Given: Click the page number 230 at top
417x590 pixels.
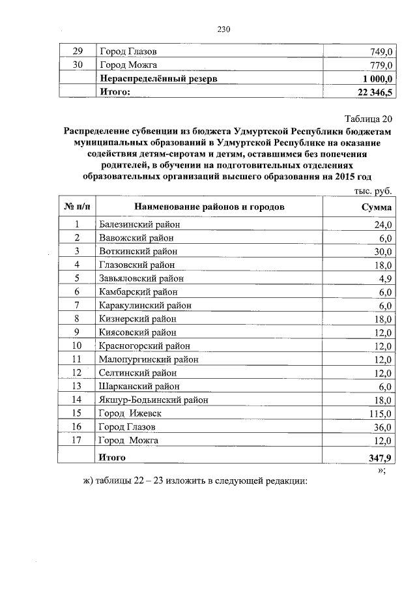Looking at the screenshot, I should coord(223,29).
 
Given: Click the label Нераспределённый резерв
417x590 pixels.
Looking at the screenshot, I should coord(158,78).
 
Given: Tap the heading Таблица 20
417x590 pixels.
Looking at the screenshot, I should coord(368,119).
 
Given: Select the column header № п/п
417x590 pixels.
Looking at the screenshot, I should coord(76,207).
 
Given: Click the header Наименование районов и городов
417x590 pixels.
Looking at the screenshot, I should coord(209,207).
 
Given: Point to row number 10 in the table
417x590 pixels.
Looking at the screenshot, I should coord(76,346).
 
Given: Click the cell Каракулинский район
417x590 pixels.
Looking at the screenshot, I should coord(145,305).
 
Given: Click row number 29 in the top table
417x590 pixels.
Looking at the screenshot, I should coord(77,51).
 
